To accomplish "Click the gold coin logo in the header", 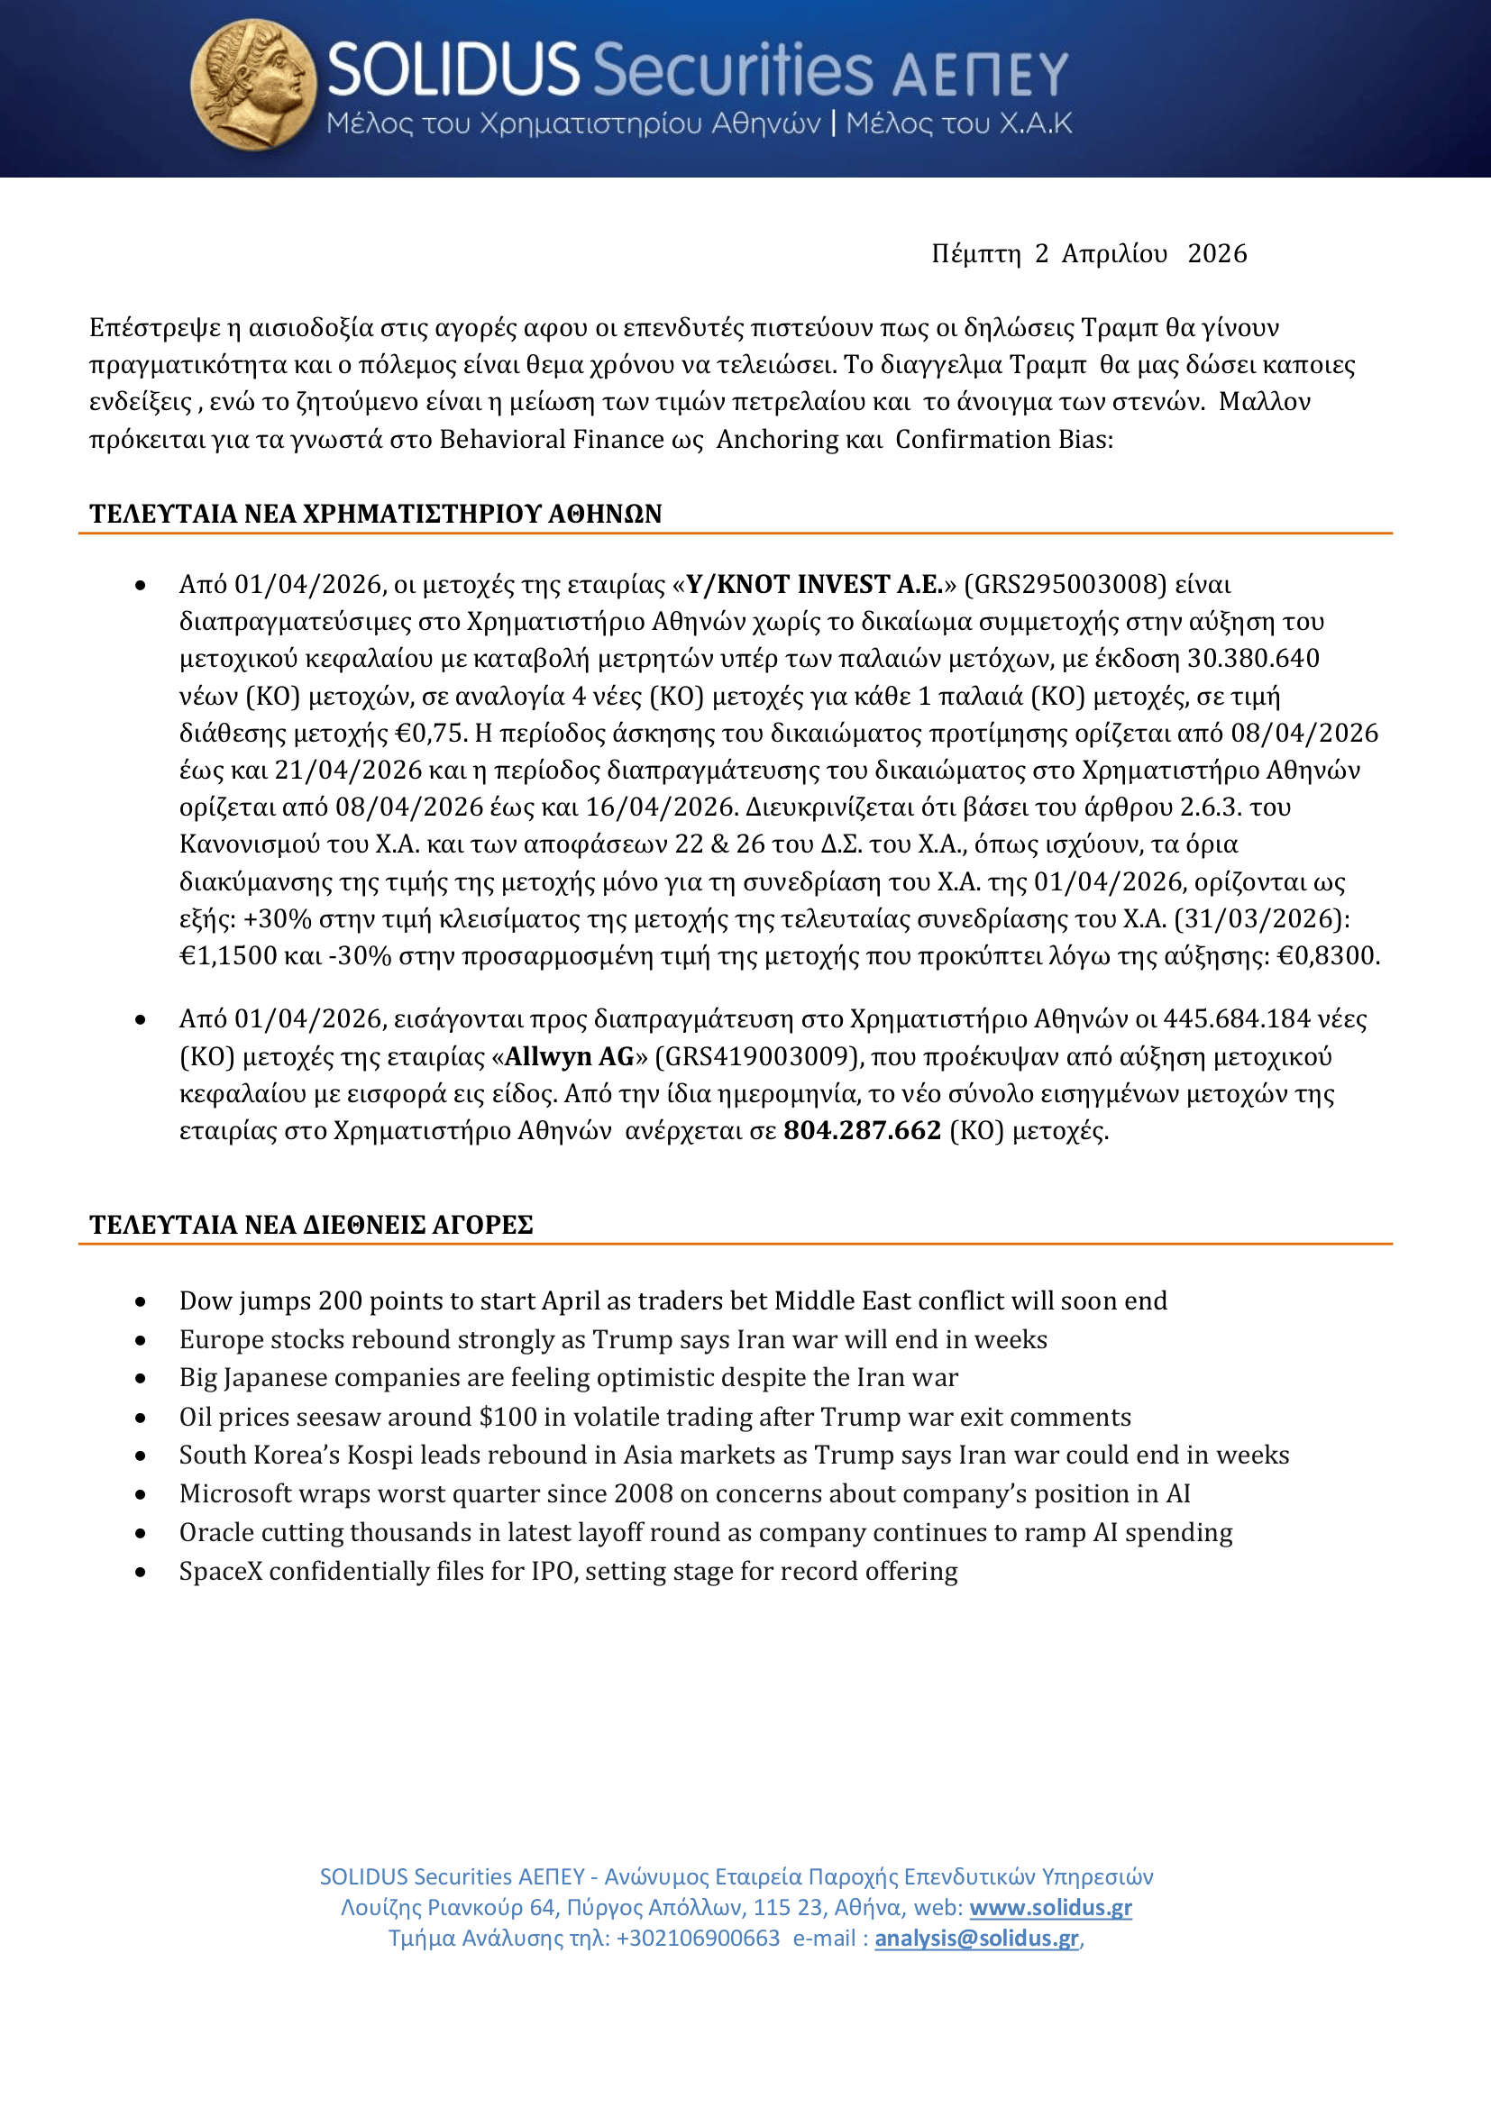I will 252,85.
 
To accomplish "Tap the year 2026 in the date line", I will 1216,253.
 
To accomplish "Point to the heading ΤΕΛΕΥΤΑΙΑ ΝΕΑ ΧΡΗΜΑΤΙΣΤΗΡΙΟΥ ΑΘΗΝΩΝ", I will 376,513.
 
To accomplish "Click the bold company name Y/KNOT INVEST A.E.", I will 814,585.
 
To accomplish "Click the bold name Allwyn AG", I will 569,1057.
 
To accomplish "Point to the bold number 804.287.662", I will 862,1130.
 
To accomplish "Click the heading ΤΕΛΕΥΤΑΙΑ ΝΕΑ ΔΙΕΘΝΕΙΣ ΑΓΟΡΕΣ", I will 311,1225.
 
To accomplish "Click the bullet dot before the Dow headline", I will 141,1302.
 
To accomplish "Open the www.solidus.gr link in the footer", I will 1050,1907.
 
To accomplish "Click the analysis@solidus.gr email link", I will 976,1939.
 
